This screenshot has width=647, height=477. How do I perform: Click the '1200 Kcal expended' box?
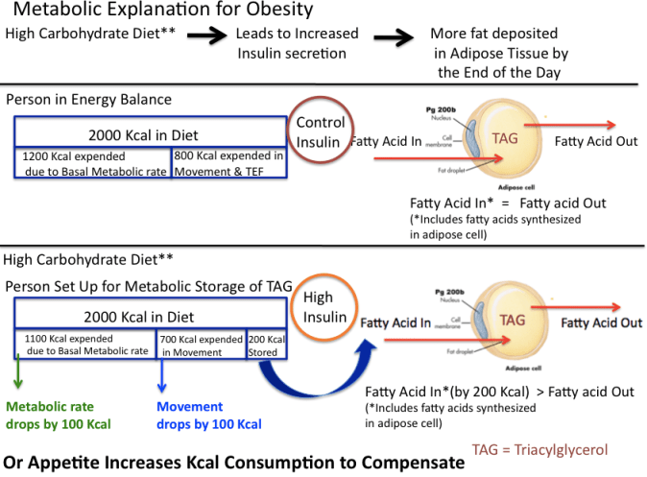(93, 163)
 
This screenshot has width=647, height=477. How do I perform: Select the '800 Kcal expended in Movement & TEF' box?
(229, 163)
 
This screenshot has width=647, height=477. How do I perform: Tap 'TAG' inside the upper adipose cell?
(505, 137)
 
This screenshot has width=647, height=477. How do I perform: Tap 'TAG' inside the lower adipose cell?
(513, 322)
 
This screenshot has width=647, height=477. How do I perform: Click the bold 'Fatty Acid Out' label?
(601, 323)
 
